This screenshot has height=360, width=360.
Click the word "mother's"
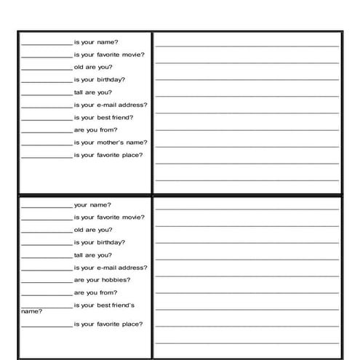111,143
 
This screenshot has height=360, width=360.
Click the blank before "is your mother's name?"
47,144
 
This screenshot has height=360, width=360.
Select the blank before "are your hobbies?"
47,281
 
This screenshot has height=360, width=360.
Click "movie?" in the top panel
132,55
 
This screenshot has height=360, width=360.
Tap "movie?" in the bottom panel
132,217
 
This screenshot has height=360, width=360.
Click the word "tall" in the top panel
79,92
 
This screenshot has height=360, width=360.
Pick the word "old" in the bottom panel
79,230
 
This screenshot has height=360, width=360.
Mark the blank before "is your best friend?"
47,119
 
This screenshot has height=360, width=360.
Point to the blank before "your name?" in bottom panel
47,207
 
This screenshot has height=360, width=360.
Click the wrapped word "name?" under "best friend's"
31,312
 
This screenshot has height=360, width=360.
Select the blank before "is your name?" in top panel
47,43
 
